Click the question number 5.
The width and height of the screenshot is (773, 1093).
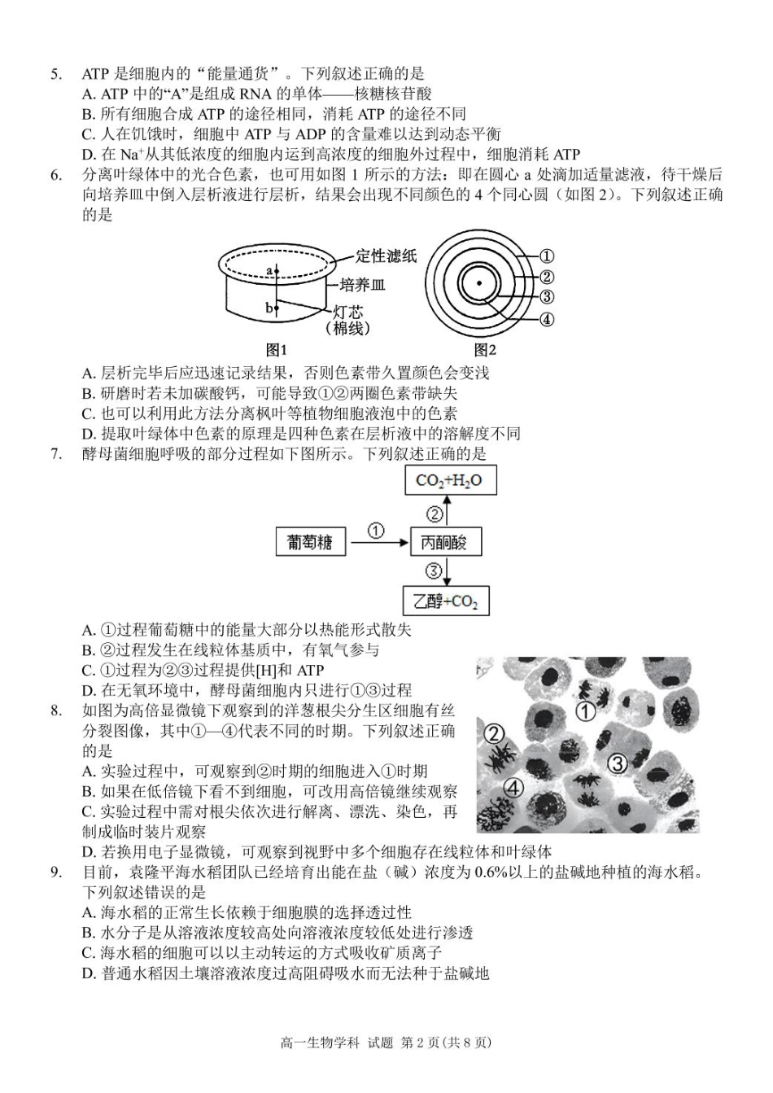[55, 75]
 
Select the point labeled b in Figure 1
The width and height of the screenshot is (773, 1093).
[276, 308]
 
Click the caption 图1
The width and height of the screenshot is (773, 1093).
[277, 349]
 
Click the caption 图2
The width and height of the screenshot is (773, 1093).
[485, 349]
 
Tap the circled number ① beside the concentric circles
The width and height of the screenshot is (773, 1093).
[548, 256]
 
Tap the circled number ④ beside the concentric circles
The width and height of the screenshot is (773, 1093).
[548, 319]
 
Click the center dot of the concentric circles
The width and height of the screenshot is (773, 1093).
[479, 284]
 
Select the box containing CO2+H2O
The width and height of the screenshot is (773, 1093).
[450, 480]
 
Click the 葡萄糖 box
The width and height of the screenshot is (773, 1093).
[309, 542]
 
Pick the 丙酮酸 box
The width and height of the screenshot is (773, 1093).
[445, 542]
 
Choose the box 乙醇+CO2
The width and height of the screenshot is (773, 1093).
[446, 601]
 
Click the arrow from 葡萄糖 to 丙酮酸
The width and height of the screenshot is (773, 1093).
[375, 542]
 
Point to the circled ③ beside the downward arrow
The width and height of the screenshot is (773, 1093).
[434, 571]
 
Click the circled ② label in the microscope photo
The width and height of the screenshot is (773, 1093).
[495, 734]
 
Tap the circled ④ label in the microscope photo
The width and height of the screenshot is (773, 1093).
[513, 786]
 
